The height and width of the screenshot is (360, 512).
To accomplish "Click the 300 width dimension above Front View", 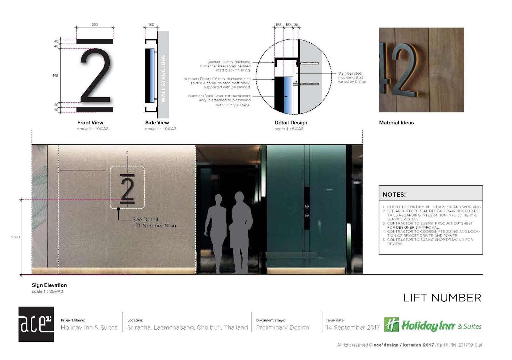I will pyautogui.click(x=95, y=24).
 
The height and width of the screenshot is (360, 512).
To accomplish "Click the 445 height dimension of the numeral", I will pyautogui.click(x=55, y=76).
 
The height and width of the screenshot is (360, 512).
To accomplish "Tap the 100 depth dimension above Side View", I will pyautogui.click(x=151, y=24).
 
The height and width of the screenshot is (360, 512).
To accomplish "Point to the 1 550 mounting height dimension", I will pyautogui.click(x=15, y=237).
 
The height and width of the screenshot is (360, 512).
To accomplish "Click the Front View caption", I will pyautogui.click(x=90, y=123).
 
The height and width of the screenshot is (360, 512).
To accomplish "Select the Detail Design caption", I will pyautogui.click(x=291, y=123).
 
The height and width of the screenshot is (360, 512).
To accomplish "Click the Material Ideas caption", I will pyautogui.click(x=396, y=123).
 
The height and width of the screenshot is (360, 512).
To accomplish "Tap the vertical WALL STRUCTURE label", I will pyautogui.click(x=163, y=78).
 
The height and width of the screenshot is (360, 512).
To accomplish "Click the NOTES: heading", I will pyautogui.click(x=394, y=195).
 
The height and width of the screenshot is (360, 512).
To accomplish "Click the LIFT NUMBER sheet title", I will pyautogui.click(x=442, y=298).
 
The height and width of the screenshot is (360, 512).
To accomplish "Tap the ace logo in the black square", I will pyautogui.click(x=36, y=324).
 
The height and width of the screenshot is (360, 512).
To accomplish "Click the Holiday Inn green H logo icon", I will pyautogui.click(x=391, y=324).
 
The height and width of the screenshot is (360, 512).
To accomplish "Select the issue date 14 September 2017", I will pyautogui.click(x=353, y=327).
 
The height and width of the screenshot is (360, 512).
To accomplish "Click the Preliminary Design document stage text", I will pyautogui.click(x=282, y=327).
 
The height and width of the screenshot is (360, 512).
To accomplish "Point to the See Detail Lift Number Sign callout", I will pyautogui.click(x=154, y=223).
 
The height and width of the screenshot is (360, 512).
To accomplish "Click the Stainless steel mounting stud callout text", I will pyautogui.click(x=352, y=78).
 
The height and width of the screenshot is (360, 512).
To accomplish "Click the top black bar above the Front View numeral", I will pyautogui.click(x=95, y=41).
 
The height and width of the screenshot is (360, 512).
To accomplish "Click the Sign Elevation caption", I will pyautogui.click(x=49, y=285).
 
